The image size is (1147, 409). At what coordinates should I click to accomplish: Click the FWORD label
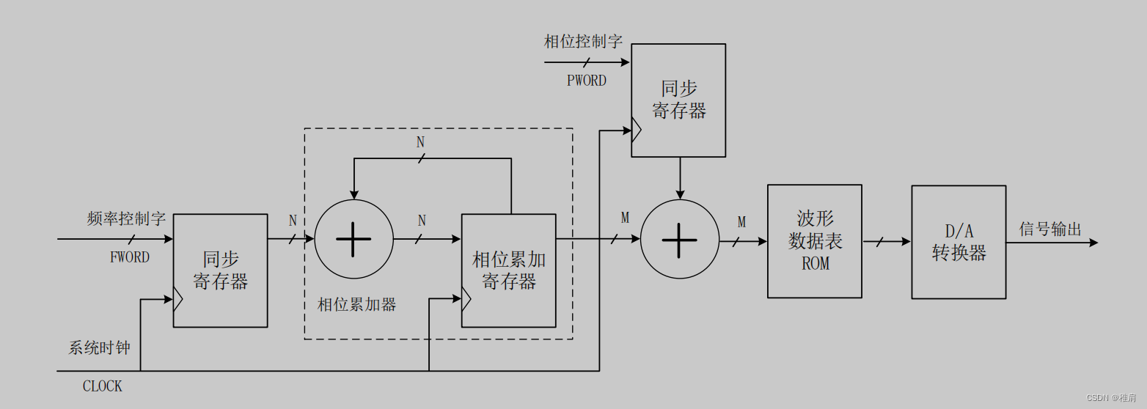(x=130, y=257)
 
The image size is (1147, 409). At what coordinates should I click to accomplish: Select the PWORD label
(x=587, y=81)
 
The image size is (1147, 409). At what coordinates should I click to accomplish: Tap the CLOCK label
(x=102, y=386)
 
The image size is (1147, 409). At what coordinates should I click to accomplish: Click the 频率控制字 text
(x=126, y=218)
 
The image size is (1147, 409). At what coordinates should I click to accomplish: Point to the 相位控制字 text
(x=583, y=41)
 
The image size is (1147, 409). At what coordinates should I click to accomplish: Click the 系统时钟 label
(x=100, y=347)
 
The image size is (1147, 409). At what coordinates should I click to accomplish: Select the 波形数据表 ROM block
(x=814, y=241)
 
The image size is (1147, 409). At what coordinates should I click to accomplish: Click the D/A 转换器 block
(x=959, y=242)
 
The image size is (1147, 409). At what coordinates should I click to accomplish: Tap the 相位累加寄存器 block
(x=508, y=270)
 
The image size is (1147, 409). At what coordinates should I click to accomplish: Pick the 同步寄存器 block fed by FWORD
(x=220, y=270)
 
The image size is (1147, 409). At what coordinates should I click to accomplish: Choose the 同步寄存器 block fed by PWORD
(x=678, y=100)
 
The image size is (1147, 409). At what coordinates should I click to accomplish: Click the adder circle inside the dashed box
(x=353, y=240)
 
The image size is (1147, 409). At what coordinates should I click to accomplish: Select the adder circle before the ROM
(x=680, y=240)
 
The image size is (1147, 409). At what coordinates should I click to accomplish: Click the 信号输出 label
(x=1050, y=229)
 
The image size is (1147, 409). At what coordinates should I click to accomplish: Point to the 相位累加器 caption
(x=356, y=304)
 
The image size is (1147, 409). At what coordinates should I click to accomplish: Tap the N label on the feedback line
(x=420, y=142)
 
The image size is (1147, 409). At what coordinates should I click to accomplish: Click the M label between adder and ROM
(x=741, y=221)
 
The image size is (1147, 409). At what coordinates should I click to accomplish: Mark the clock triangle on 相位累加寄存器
(x=466, y=298)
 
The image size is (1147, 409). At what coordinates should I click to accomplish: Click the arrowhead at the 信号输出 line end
(x=1093, y=242)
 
